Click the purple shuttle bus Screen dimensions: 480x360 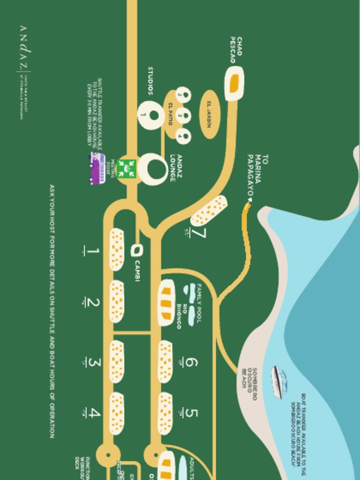(97, 168)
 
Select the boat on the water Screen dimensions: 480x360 (278, 382)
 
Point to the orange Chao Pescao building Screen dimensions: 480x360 (234, 83)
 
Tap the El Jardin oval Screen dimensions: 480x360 (209, 114)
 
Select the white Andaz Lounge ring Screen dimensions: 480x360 (152, 169)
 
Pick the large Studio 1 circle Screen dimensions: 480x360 (150, 114)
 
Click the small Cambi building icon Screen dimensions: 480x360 (136, 251)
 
